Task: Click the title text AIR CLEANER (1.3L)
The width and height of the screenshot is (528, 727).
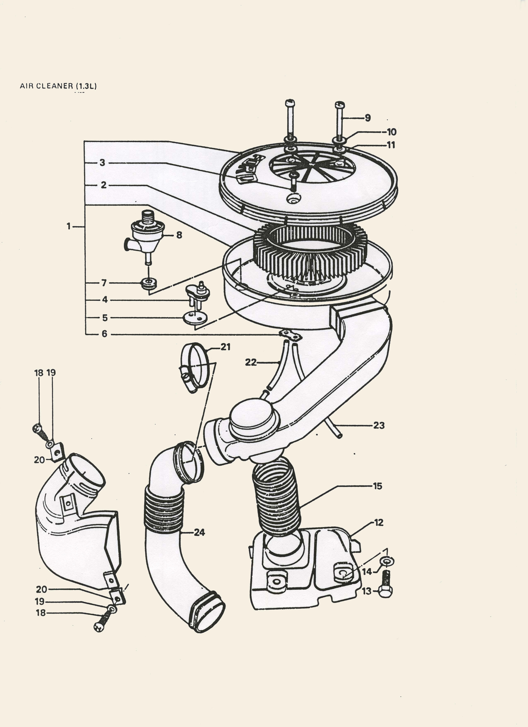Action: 58,86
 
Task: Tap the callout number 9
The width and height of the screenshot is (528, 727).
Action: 368,118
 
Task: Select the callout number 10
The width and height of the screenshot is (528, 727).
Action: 392,132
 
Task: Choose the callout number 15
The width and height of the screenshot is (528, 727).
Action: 378,486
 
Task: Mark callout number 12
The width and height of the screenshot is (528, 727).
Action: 379,523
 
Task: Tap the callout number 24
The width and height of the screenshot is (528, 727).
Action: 199,532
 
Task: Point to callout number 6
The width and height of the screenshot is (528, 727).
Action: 104,334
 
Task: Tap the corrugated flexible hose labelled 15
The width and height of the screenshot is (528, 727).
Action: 277,498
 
